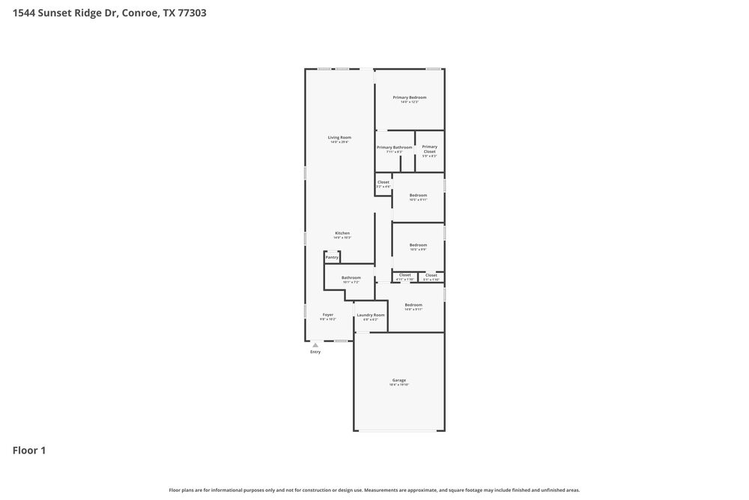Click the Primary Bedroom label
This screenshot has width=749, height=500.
click(x=409, y=97)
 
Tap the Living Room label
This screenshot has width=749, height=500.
click(x=339, y=137)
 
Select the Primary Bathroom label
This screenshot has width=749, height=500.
click(x=394, y=147)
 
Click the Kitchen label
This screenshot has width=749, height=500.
click(x=342, y=233)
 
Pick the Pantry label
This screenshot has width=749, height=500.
click(x=332, y=257)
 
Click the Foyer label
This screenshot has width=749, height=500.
click(x=328, y=315)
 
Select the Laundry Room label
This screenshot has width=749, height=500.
click(x=370, y=315)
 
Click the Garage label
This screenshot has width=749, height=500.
click(x=398, y=380)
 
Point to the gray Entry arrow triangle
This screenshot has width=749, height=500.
click(x=315, y=345)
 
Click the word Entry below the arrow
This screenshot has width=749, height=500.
click(x=315, y=352)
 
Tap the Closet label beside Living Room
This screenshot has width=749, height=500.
click(x=383, y=182)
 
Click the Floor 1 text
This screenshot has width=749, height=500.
click(x=29, y=451)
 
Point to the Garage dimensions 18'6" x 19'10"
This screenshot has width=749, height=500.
click(x=398, y=385)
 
